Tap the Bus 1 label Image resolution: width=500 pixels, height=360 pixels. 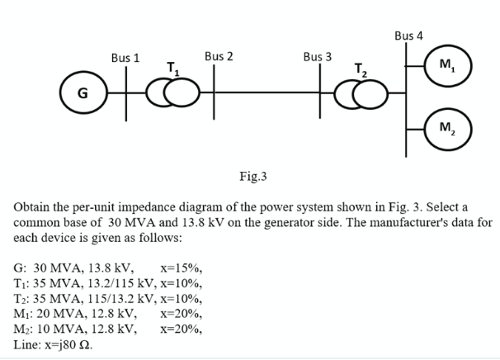click(125, 59)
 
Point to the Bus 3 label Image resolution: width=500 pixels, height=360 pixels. click(317, 57)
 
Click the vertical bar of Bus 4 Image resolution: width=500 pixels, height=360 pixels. click(405, 99)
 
